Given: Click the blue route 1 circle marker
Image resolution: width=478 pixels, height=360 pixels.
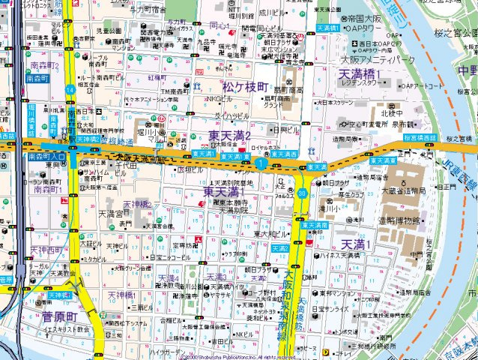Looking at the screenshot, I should tap(260, 163).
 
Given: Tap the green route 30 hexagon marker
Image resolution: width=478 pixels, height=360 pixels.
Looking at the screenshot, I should tap(301, 193).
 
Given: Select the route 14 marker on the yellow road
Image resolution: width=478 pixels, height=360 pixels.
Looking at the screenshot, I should tap(70, 89).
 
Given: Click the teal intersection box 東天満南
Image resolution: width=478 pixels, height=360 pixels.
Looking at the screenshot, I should tap(315, 224).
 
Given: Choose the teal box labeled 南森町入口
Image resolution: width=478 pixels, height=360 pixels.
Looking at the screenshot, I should tap(46, 157).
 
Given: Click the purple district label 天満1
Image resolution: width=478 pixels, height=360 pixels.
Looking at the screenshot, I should tap(356, 244).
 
